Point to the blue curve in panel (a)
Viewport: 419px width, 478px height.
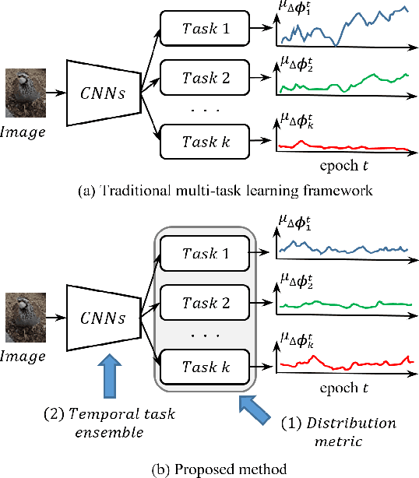[343, 28]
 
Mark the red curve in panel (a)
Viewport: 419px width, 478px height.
[343, 146]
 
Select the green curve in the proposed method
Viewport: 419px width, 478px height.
[343, 304]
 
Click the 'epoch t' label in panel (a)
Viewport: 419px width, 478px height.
[343, 167]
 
